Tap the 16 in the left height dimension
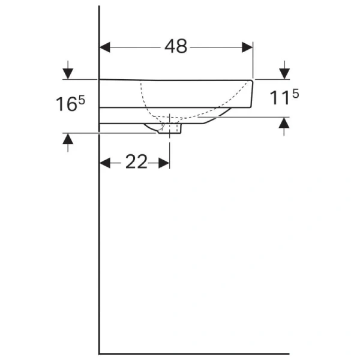tap(66, 104)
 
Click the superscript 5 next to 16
tap(81, 100)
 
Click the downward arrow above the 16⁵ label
tap(68, 73)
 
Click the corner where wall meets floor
tap(99, 353)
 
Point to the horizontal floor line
tap(198, 353)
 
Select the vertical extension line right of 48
tap(253, 60)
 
